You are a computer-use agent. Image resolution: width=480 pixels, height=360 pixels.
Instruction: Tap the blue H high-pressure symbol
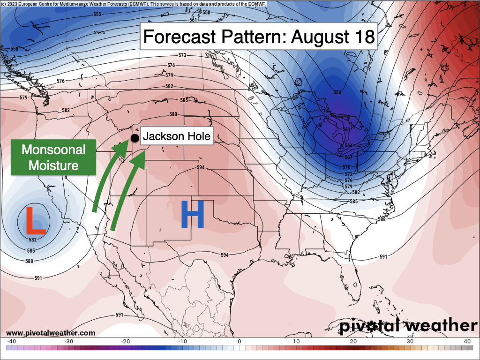(192, 215)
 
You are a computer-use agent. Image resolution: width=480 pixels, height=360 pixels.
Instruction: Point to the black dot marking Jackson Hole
(135, 138)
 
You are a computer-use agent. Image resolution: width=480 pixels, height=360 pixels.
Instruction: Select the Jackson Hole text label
(177, 137)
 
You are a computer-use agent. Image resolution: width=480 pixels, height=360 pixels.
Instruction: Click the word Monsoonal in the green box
(54, 150)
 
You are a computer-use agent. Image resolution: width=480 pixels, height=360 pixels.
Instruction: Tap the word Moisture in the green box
(54, 165)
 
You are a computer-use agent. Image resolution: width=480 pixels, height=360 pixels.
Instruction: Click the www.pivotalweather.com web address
(51, 333)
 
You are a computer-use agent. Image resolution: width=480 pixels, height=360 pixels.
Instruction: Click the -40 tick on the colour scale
(12, 341)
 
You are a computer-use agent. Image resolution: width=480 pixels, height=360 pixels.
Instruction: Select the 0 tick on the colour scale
(240, 341)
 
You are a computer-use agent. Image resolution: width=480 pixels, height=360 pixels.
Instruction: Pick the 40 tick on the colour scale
(467, 341)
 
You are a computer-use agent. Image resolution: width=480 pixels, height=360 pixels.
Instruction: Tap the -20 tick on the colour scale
(126, 341)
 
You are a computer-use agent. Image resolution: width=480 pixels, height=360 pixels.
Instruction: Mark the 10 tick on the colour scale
(296, 341)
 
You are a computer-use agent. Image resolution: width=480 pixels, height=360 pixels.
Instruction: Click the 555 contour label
(97, 15)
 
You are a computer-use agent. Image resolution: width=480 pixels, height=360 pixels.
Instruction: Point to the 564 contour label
(348, 146)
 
